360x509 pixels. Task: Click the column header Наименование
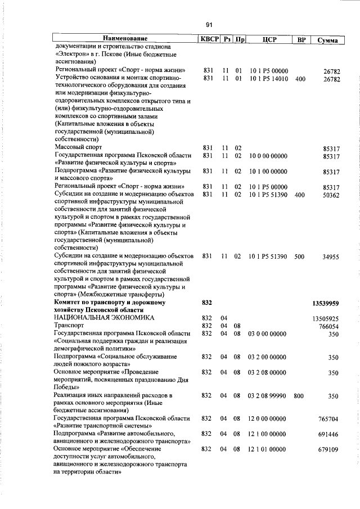pos(124,39)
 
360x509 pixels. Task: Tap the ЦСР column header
pos(268,39)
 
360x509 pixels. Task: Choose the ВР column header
pos(301,39)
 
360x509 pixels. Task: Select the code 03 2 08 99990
pos(268,396)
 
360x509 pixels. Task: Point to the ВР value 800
pos(299,396)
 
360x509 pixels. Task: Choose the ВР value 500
pos(299,256)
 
